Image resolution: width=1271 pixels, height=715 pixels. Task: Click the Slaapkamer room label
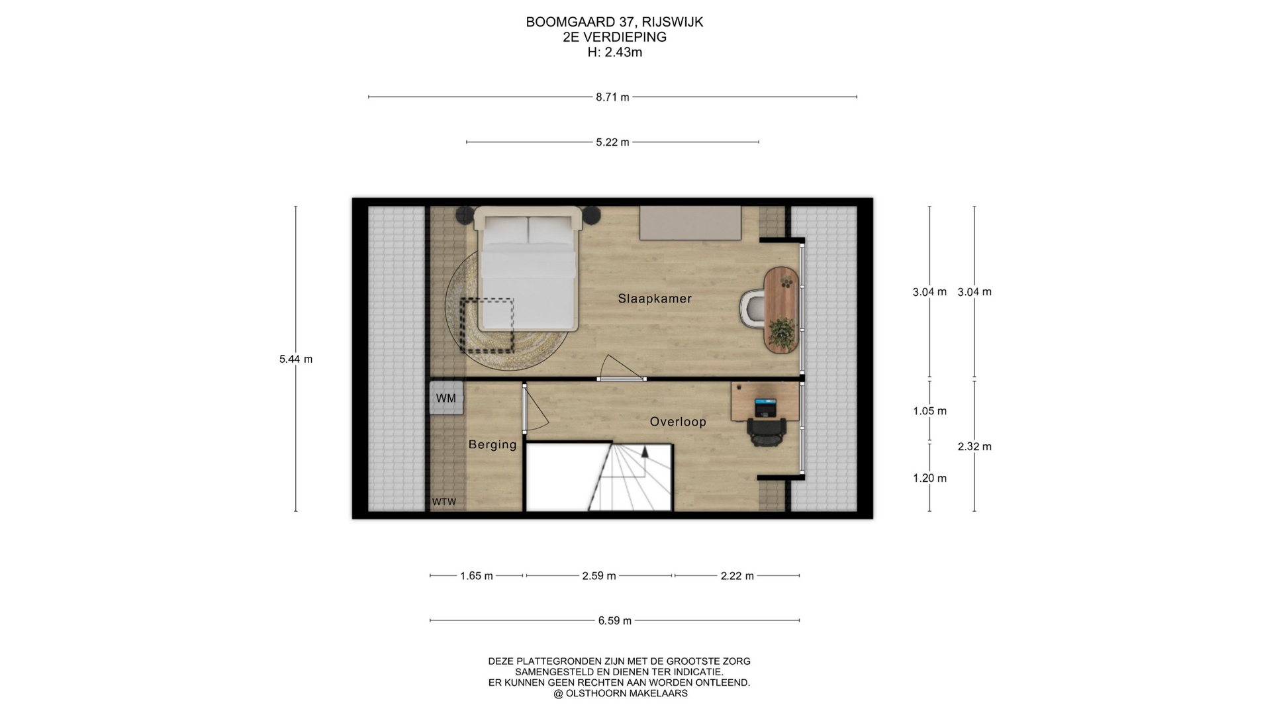(655, 299)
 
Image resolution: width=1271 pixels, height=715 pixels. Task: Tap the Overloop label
(678, 422)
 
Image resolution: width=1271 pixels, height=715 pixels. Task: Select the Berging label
(493, 445)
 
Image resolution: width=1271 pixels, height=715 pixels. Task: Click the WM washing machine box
(446, 398)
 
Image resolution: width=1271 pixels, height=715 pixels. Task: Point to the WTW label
(444, 502)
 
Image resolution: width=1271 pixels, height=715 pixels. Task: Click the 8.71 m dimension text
(612, 97)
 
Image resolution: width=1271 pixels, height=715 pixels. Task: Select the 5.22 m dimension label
(612, 142)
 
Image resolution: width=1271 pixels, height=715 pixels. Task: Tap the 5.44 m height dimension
(296, 359)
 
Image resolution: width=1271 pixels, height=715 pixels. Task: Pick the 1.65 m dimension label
(477, 576)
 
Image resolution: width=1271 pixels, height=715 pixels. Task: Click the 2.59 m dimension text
(599, 576)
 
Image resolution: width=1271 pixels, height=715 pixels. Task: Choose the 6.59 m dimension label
(615, 621)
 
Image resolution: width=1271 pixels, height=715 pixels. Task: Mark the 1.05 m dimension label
(929, 411)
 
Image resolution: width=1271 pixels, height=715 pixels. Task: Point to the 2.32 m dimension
(974, 447)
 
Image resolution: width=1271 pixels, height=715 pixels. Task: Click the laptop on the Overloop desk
(765, 407)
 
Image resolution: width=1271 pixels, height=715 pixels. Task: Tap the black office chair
(767, 431)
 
